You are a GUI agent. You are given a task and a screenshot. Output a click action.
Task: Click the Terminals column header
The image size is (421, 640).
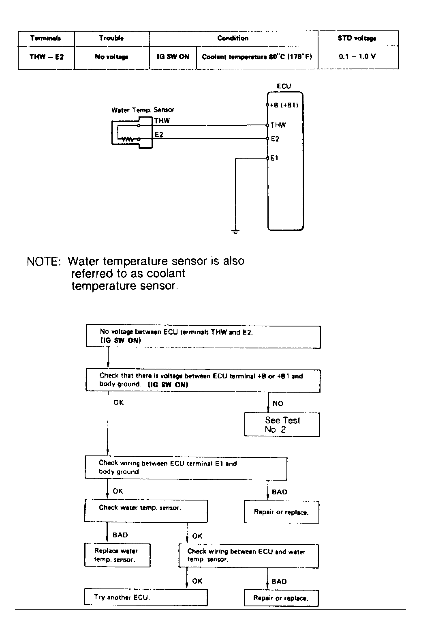[x=46, y=38]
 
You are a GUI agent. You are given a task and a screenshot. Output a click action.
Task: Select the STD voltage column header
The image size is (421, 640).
[x=357, y=38]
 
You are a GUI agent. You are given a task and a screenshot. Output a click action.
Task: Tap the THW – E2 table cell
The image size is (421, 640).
[x=46, y=57]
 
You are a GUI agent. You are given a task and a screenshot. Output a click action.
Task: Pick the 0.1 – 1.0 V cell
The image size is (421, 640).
[x=357, y=56]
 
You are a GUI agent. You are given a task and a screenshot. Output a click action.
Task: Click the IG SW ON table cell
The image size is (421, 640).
[x=173, y=57]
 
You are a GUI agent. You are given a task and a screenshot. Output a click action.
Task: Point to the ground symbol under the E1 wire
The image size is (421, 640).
[x=235, y=232]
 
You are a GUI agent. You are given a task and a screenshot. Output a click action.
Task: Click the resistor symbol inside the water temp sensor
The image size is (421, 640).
[x=126, y=139]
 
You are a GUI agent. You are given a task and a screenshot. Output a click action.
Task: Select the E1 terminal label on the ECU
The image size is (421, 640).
[x=274, y=158]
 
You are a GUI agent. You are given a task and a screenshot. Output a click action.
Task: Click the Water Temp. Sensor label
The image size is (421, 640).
[x=143, y=110]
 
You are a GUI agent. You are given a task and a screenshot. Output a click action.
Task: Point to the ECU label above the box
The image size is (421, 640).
[x=284, y=86]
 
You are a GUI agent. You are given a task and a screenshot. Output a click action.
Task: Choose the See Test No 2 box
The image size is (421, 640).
[x=282, y=425]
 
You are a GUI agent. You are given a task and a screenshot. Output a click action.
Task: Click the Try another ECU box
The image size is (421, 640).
[x=146, y=597]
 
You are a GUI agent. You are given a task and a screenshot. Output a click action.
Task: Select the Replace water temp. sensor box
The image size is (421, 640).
[x=117, y=555]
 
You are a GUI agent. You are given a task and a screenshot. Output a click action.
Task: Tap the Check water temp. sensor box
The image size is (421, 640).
[x=146, y=511]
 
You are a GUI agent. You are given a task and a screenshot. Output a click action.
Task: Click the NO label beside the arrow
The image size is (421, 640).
[x=278, y=404]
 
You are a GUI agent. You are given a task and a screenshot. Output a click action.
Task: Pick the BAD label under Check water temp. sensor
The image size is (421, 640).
[x=120, y=535]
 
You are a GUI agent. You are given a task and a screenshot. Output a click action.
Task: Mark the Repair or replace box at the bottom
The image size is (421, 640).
[x=281, y=598]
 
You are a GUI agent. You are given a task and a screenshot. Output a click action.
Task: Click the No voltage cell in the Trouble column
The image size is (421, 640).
[x=111, y=57]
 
